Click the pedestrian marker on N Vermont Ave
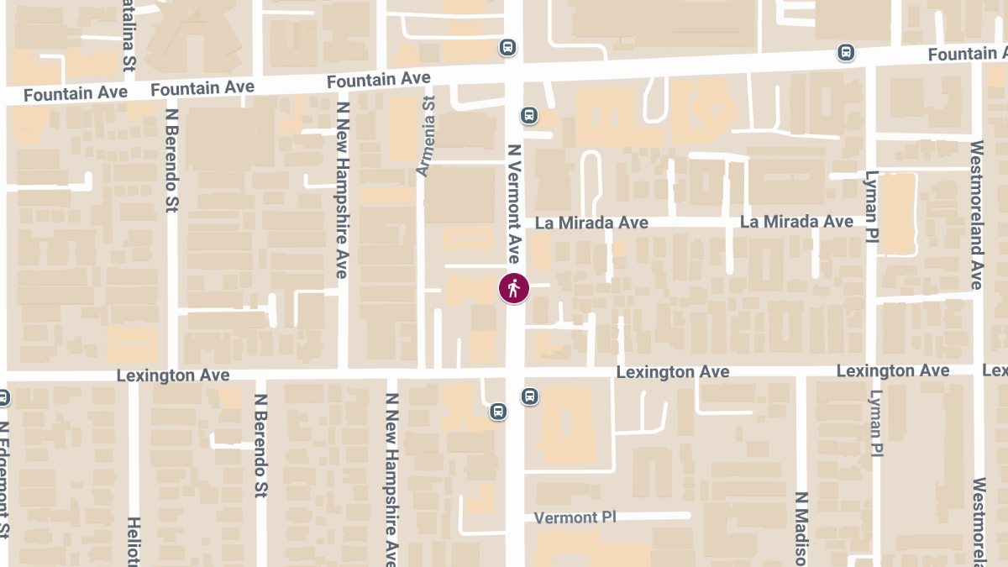[x=513, y=288]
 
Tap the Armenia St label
[x=425, y=135]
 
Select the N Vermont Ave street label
[x=514, y=202]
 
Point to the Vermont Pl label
[x=575, y=517]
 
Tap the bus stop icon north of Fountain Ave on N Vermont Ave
[x=507, y=47]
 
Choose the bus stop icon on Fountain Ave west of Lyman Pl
[x=846, y=53]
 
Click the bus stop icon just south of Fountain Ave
[x=529, y=115]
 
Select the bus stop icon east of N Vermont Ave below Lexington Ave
[x=529, y=396]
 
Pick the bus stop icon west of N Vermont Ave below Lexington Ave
[x=497, y=412]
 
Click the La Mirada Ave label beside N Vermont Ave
[x=592, y=223]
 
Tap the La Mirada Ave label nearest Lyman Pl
[x=796, y=222]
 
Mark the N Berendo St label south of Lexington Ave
[x=260, y=445]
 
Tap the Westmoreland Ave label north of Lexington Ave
[x=976, y=214]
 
